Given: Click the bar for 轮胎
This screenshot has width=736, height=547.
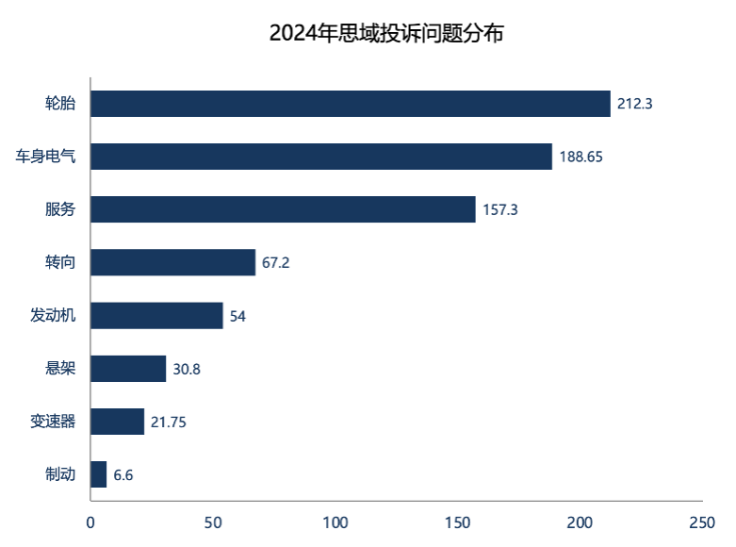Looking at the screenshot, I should coord(351,104).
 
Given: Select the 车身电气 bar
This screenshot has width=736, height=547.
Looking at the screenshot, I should coord(322,157).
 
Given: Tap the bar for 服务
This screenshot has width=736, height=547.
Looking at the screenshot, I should coord(284,209).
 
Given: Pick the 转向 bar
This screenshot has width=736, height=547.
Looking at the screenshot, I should coord(173,262).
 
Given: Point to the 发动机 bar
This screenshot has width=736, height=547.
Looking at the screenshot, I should coord(157,315).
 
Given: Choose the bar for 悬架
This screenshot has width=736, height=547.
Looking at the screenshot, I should coord(129,368).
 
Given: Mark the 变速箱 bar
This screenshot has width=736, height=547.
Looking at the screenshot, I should coord(118,421).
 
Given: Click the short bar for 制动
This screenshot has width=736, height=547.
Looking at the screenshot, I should coord(99,473).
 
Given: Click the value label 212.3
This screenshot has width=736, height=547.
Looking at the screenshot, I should coord(634,104).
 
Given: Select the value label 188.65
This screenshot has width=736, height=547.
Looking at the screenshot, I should coord(581,157).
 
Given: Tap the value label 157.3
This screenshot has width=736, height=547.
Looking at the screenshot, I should coord(499,209).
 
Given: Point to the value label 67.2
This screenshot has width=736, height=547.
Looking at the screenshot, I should coord(275,262).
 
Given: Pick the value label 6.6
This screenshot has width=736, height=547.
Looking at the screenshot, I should coord(123,474).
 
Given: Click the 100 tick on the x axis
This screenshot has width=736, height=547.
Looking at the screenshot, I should coord(335,522).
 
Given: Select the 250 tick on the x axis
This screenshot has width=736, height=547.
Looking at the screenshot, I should coord(702,522).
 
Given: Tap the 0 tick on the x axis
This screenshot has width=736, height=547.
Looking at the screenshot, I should coord(91,522).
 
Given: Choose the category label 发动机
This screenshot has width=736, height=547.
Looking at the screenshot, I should coord(53,315).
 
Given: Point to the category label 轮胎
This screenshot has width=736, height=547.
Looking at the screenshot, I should coord(60,104).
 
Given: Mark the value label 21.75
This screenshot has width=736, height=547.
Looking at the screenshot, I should coord(169,422).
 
